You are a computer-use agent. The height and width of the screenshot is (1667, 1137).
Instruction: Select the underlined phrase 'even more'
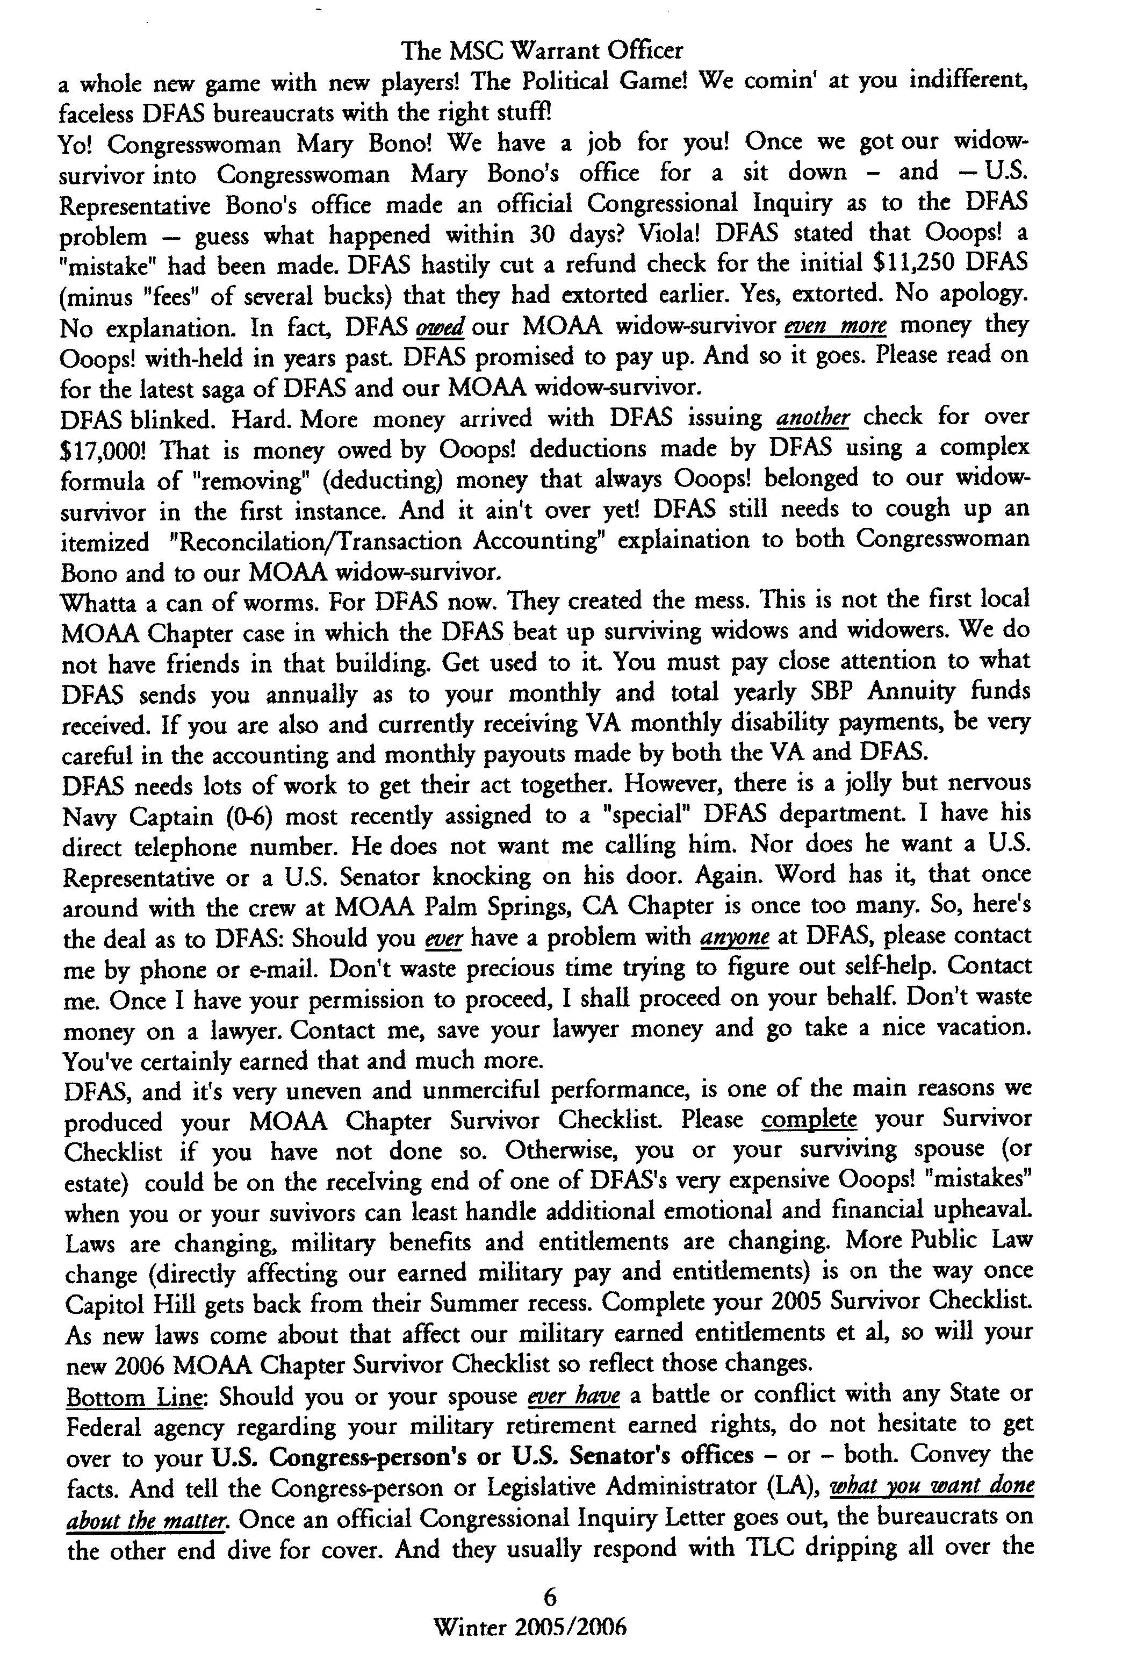pos(836,326)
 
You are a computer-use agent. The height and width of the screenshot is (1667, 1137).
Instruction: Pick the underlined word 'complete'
pos(809,1120)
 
